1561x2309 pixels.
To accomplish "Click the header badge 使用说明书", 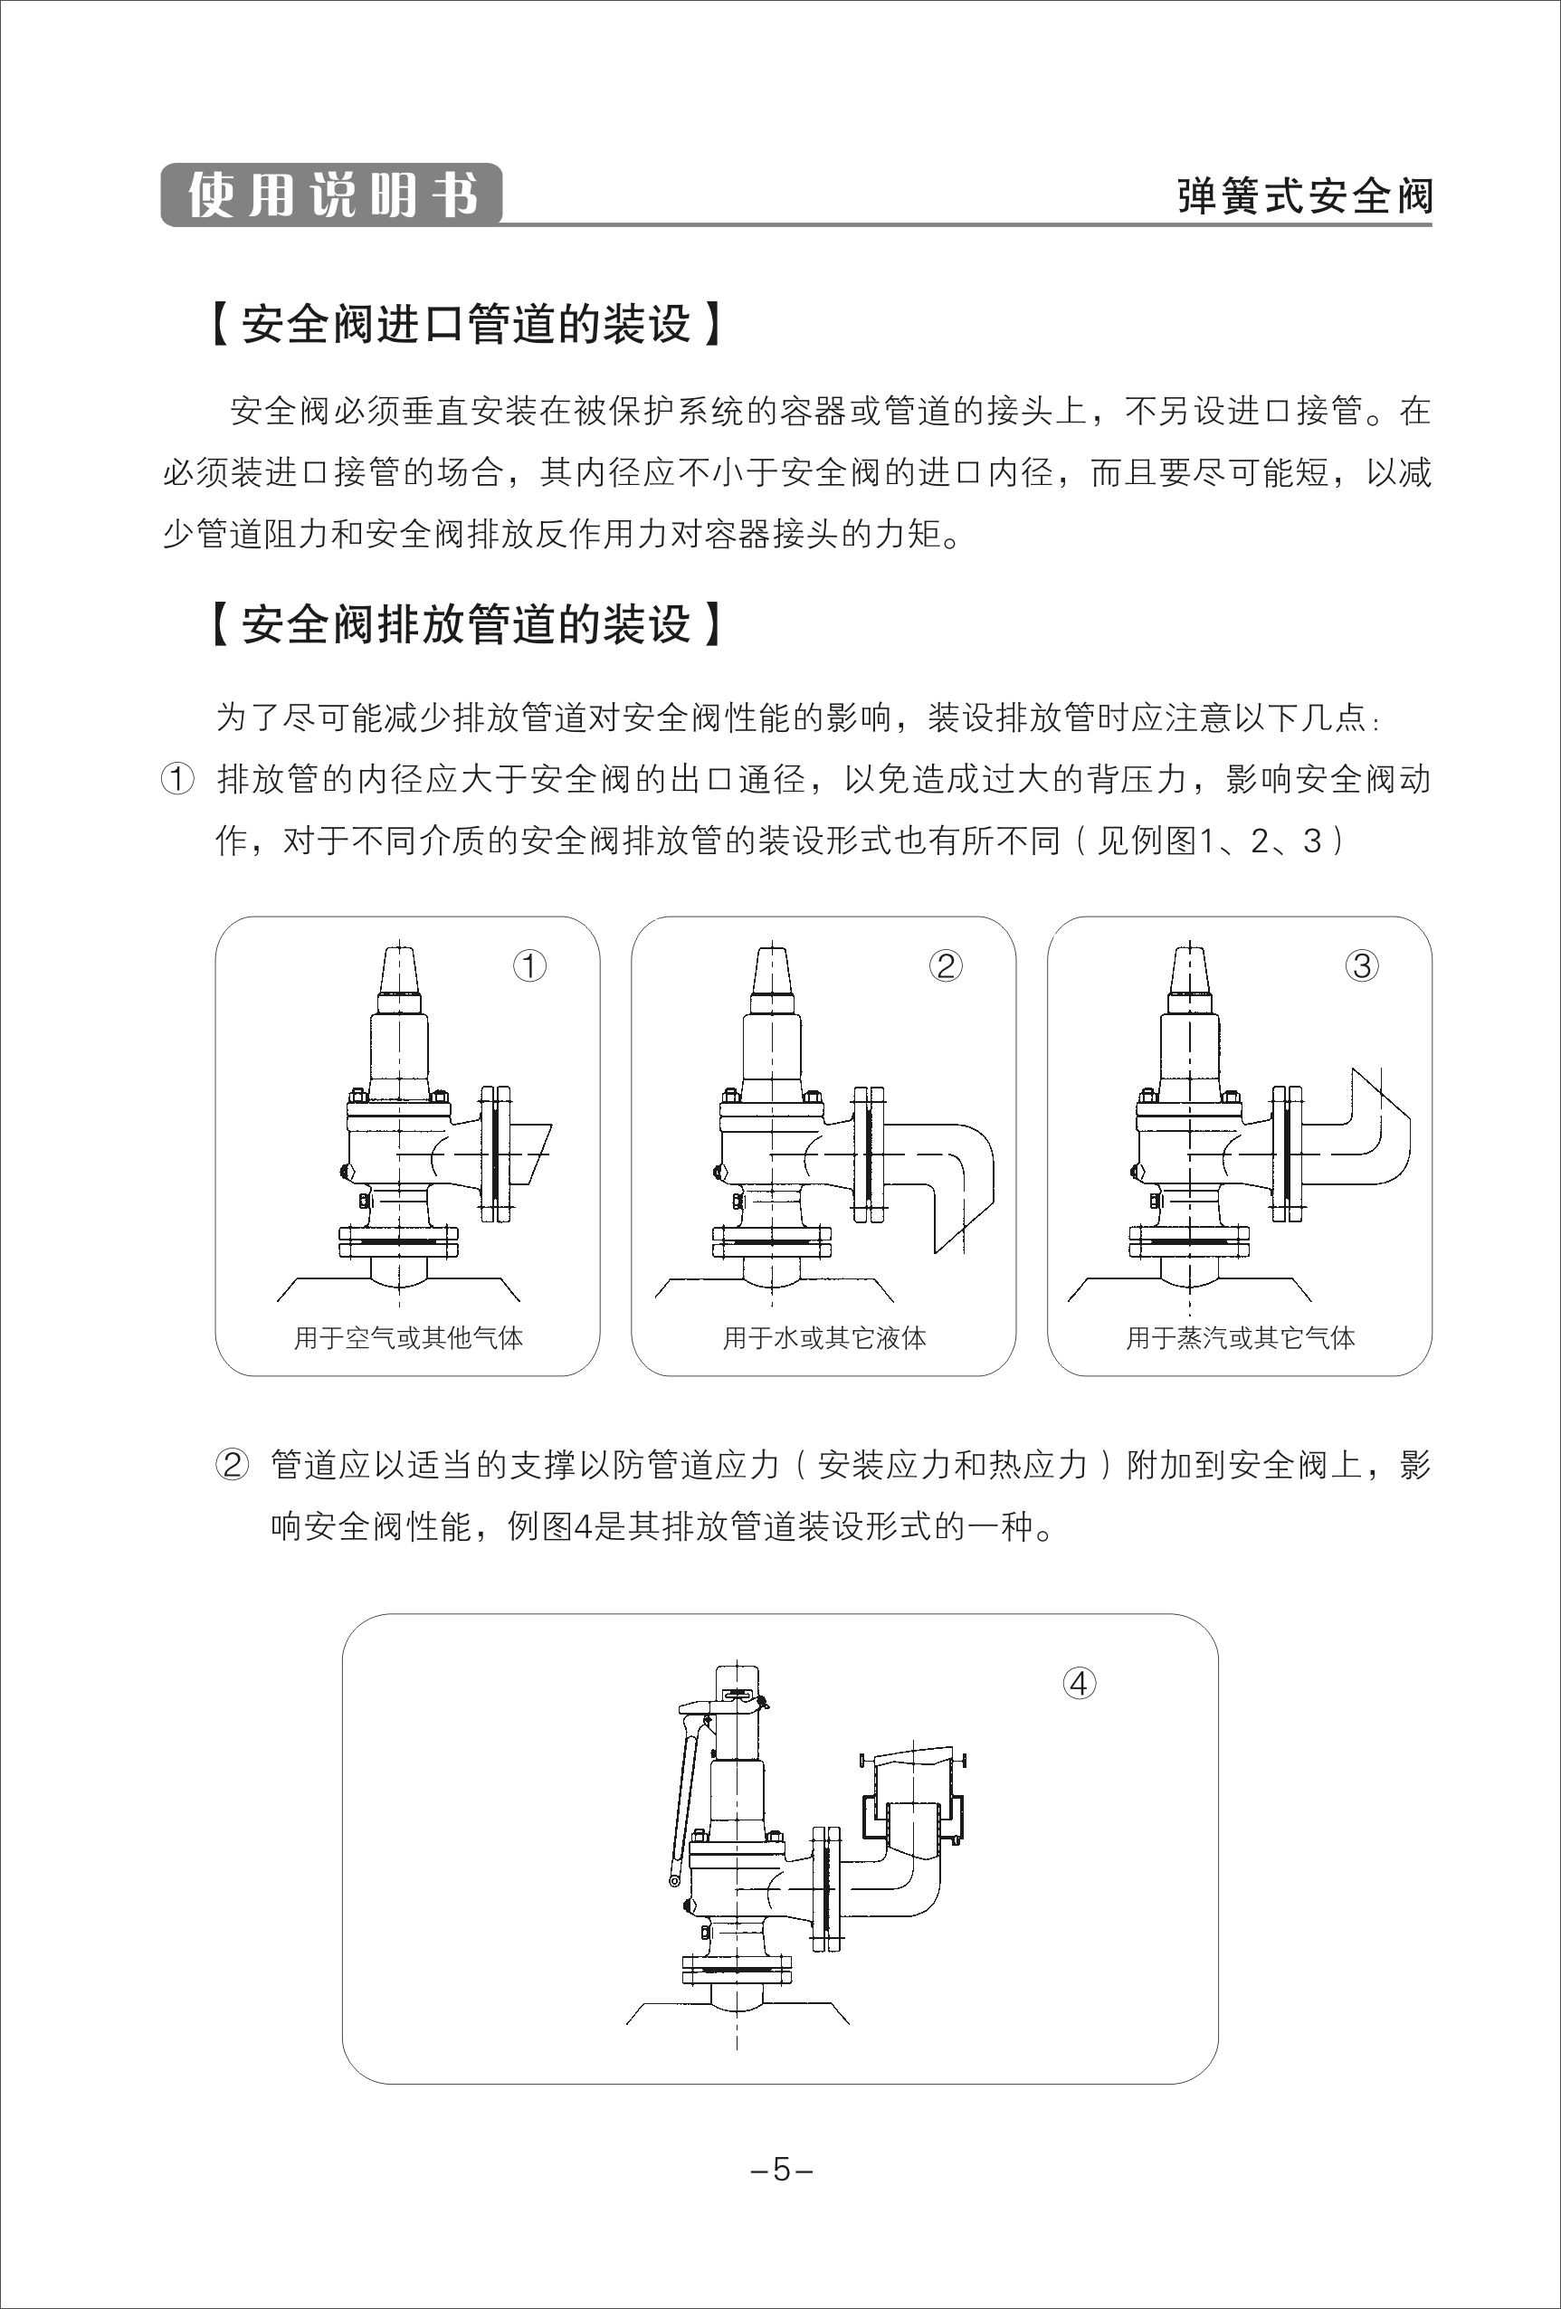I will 331,195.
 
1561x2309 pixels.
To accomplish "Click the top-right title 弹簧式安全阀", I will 1304,195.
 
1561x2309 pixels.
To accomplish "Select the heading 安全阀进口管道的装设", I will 466,324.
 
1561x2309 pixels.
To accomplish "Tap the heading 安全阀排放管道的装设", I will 466,624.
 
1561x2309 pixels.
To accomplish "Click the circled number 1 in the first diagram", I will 529,964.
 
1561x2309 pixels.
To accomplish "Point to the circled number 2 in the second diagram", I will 945,964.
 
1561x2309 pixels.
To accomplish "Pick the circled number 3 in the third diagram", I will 1361,964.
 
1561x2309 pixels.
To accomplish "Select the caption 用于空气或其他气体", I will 407,1337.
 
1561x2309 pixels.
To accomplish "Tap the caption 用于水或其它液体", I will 823,1337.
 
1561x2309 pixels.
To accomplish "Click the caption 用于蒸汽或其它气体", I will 1240,1337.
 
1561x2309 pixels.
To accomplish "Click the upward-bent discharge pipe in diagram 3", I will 1376,1133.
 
